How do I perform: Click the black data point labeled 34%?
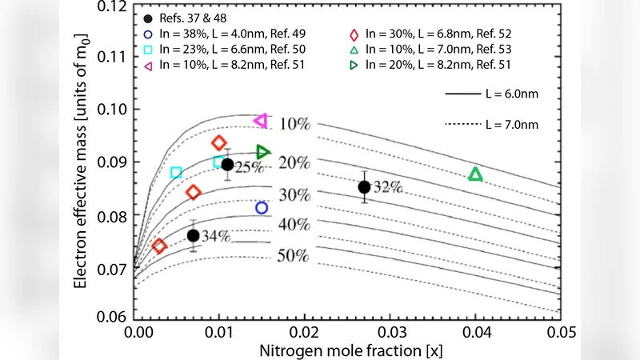point(194,235)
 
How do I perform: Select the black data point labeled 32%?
point(364,187)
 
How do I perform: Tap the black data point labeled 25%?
point(227,165)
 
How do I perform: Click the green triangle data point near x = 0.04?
point(475,174)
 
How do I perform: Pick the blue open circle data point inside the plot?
point(262,208)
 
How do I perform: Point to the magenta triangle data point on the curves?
point(260,121)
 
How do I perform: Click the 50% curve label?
point(294,256)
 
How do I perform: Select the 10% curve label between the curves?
point(295,124)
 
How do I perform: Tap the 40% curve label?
point(294,225)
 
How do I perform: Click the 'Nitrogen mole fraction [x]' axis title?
point(347,350)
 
